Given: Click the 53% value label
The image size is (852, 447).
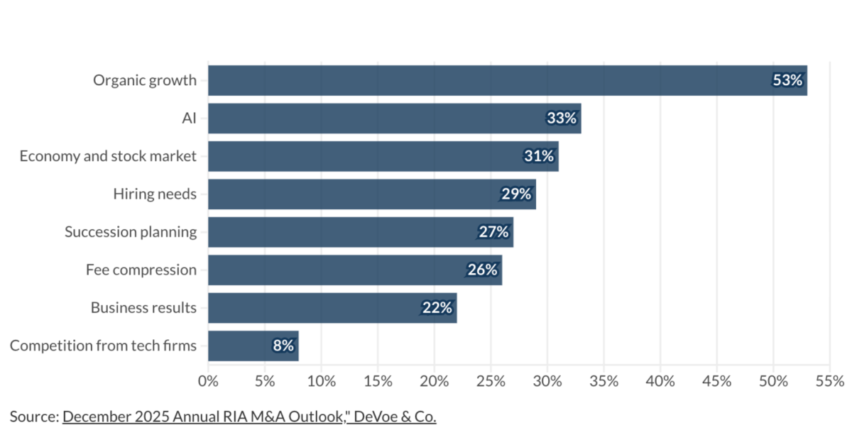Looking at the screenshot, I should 787,80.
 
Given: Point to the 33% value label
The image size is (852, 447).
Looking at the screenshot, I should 562,118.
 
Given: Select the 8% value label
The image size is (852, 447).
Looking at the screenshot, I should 283,346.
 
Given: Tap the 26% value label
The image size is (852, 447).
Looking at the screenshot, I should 482,270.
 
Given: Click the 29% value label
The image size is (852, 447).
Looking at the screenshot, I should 516,194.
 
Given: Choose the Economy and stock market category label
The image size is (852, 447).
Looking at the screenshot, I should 108,156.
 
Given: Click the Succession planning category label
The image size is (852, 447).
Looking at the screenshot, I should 131,232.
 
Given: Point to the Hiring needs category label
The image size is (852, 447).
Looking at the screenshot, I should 155,194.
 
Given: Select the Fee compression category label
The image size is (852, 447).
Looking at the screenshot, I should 141,270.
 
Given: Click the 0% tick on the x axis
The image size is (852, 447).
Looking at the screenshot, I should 208,381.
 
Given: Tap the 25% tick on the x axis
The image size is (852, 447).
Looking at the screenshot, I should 491,381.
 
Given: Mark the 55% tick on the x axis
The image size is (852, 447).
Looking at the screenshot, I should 829,381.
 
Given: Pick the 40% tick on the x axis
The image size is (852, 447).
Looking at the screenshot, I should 660,381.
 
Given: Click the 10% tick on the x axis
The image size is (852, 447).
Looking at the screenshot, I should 321,381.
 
